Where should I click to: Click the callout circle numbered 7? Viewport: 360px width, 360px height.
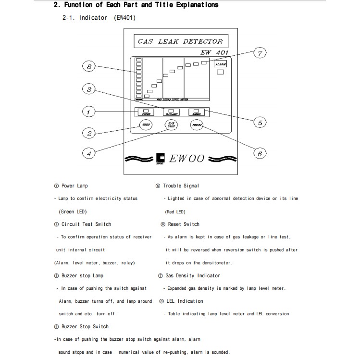click(260, 53)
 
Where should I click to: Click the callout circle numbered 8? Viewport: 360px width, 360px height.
click(88, 67)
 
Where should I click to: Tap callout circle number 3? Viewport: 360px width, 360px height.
click(88, 89)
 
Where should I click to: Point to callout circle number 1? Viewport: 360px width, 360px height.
click(88, 112)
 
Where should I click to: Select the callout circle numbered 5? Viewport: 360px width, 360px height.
click(260, 123)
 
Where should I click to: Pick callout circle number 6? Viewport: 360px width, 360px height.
click(260, 153)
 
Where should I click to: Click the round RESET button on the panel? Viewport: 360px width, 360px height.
click(197, 125)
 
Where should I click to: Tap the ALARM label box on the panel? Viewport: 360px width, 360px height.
click(221, 63)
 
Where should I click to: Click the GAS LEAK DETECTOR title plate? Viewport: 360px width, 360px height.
click(180, 41)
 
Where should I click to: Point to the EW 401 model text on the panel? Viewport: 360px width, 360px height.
click(214, 52)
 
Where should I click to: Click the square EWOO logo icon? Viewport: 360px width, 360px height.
click(161, 158)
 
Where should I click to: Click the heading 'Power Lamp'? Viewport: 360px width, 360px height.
click(74, 186)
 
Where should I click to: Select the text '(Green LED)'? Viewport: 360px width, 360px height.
click(73, 211)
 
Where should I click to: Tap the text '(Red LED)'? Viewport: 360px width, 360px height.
click(175, 211)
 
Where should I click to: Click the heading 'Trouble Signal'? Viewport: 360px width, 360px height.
click(180, 186)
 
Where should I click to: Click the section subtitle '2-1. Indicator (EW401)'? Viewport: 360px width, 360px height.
click(99, 18)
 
